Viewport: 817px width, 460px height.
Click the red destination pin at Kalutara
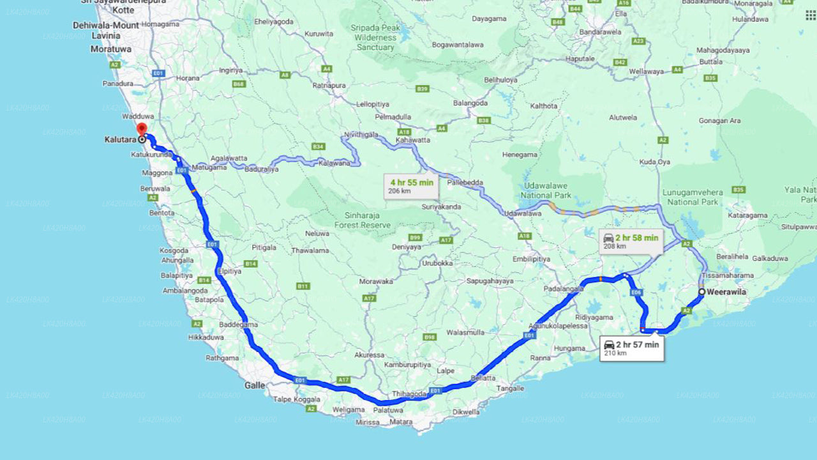pyautogui.click(x=142, y=130)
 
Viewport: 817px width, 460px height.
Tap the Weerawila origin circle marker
pyautogui.click(x=701, y=292)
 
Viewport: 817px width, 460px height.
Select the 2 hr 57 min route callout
pyautogui.click(x=632, y=348)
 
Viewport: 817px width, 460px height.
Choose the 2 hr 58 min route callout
pyautogui.click(x=631, y=241)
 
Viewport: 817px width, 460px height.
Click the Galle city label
pyautogui.click(x=255, y=385)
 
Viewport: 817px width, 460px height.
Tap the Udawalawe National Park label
pyautogui.click(x=544, y=190)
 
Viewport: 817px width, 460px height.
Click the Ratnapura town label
pyautogui.click(x=329, y=85)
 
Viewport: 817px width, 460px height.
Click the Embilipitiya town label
pyautogui.click(x=531, y=259)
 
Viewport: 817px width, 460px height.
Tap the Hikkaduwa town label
pyautogui.click(x=206, y=337)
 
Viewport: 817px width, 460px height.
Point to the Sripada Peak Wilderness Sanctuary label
pyautogui.click(x=376, y=38)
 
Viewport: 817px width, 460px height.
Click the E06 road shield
pyautogui.click(x=636, y=292)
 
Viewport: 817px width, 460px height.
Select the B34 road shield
pyautogui.click(x=319, y=147)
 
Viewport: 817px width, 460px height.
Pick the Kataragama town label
pyautogui.click(x=747, y=215)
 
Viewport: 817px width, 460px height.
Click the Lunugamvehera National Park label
pyautogui.click(x=693, y=197)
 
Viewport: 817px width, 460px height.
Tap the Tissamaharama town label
pyautogui.click(x=727, y=275)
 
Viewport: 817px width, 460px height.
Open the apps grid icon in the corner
pyautogui.click(x=810, y=15)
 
